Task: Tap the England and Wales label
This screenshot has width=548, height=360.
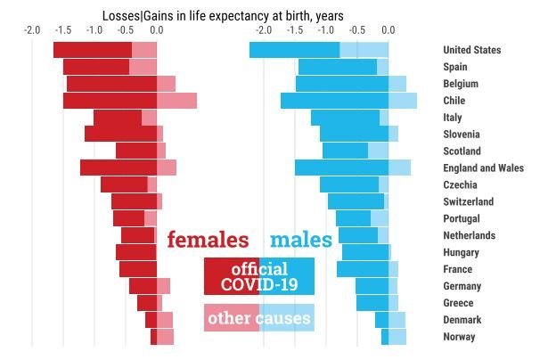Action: (483, 168)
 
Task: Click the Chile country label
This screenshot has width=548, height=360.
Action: (454, 101)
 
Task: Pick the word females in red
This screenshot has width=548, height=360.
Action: (208, 240)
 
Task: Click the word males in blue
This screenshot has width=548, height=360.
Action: (301, 240)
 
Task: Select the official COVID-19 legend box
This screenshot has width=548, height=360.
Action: (258, 276)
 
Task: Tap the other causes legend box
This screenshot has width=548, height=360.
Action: (258, 317)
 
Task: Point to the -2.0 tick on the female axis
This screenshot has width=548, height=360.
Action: (32, 30)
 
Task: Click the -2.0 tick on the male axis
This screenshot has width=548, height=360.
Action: (263, 30)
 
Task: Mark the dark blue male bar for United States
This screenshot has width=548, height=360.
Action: (294, 50)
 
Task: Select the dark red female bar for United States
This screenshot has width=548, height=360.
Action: (93, 50)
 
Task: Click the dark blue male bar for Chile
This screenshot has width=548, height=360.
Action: (334, 101)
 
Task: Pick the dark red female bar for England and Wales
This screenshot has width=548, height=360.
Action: (119, 168)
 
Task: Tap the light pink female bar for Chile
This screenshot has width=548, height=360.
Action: (176, 101)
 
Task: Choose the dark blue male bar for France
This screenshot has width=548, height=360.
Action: (363, 269)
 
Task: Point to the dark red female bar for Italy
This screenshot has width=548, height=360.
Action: (118, 118)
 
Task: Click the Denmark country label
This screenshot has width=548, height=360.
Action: (464, 320)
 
